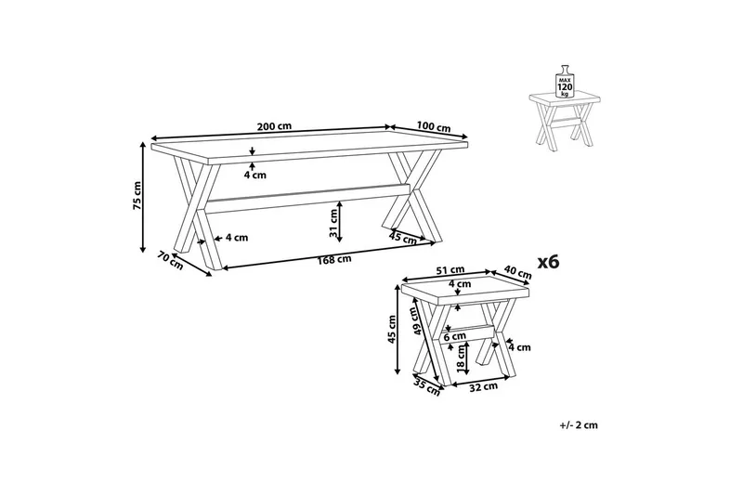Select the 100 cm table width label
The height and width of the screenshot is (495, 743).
(433, 127)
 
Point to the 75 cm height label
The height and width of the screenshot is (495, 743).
(136, 196)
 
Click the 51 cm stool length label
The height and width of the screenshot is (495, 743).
(450, 271)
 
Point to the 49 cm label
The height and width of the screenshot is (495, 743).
(418, 320)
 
